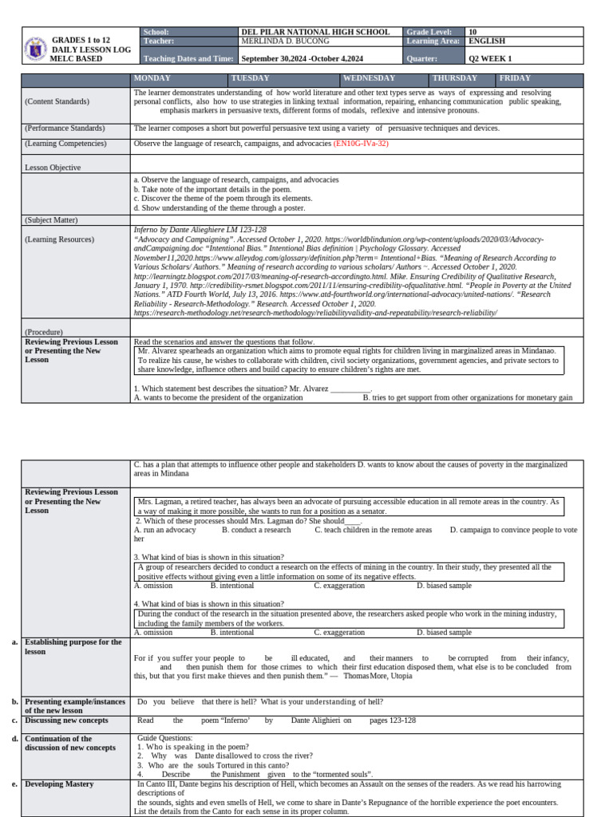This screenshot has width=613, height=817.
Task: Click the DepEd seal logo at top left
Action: [36, 49]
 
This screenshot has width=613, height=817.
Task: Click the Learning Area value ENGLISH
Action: [487, 41]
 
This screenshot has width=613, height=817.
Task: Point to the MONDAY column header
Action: [153, 78]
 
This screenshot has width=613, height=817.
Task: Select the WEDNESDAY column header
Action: [370, 78]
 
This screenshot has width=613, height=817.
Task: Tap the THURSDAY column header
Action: [454, 78]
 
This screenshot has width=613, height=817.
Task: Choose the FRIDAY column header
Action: [515, 78]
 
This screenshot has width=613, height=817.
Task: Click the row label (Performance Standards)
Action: [64, 128]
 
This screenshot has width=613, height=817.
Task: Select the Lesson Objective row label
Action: [53, 168]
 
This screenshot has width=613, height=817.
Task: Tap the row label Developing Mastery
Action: [59, 784]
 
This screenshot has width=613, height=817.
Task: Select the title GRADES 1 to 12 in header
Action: [81, 40]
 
